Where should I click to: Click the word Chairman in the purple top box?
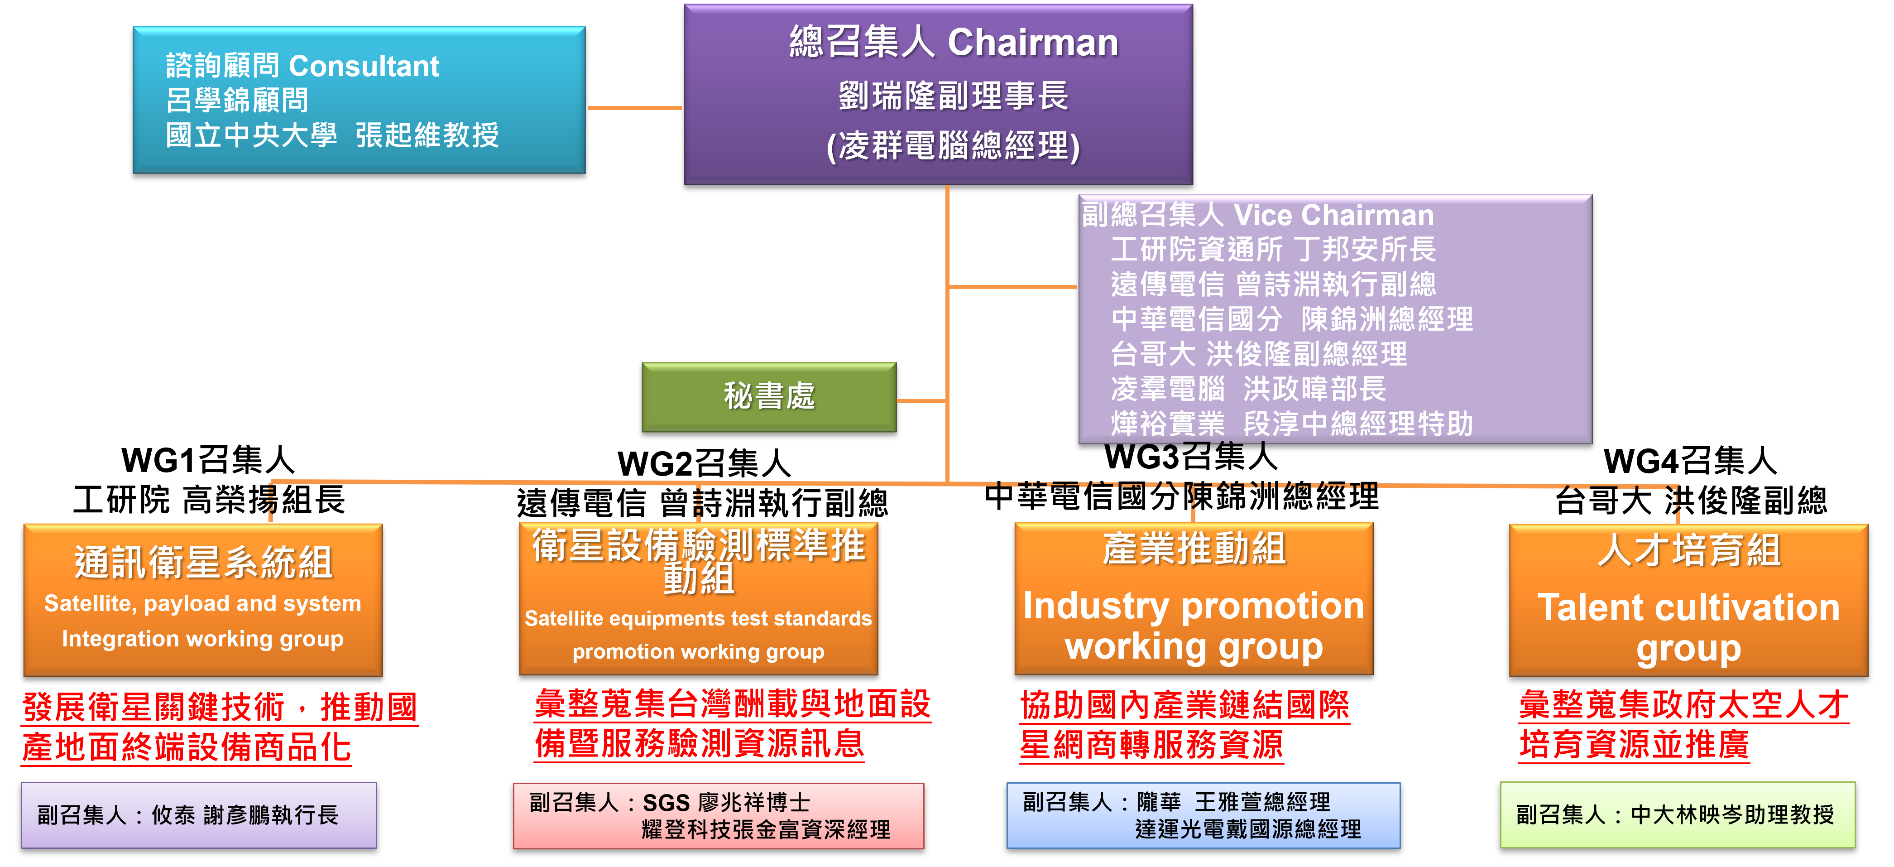click(1033, 43)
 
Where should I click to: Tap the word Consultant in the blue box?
click(364, 66)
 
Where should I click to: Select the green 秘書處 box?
click(769, 397)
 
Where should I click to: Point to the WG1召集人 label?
click(208, 460)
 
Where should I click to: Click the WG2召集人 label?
click(705, 464)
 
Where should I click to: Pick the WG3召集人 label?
click(1191, 457)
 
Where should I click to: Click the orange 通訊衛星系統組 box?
click(203, 600)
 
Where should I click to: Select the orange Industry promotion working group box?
click(1194, 598)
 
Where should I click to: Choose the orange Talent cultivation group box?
click(1689, 600)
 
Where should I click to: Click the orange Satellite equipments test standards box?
click(699, 598)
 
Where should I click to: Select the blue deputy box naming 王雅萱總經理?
click(1204, 815)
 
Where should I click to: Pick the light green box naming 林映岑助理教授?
click(1678, 815)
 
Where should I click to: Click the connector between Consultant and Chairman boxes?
click(635, 108)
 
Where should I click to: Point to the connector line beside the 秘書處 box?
click(921, 401)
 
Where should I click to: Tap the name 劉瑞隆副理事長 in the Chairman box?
click(954, 96)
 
